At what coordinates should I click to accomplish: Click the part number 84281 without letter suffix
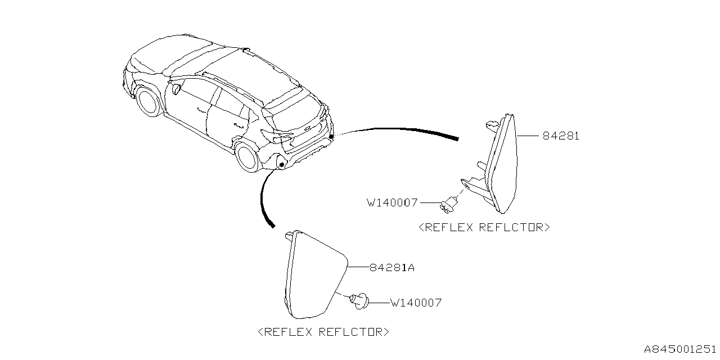click(561, 136)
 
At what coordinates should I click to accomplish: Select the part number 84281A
click(392, 268)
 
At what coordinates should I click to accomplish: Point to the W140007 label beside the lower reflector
click(416, 303)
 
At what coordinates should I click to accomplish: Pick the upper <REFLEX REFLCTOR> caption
click(484, 228)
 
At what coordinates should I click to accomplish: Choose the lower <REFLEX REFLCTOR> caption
click(323, 332)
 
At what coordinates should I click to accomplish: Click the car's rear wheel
click(248, 157)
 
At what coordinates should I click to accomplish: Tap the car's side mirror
click(176, 88)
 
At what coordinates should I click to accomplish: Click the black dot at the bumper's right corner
click(331, 136)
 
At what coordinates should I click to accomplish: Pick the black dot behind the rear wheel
click(282, 164)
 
